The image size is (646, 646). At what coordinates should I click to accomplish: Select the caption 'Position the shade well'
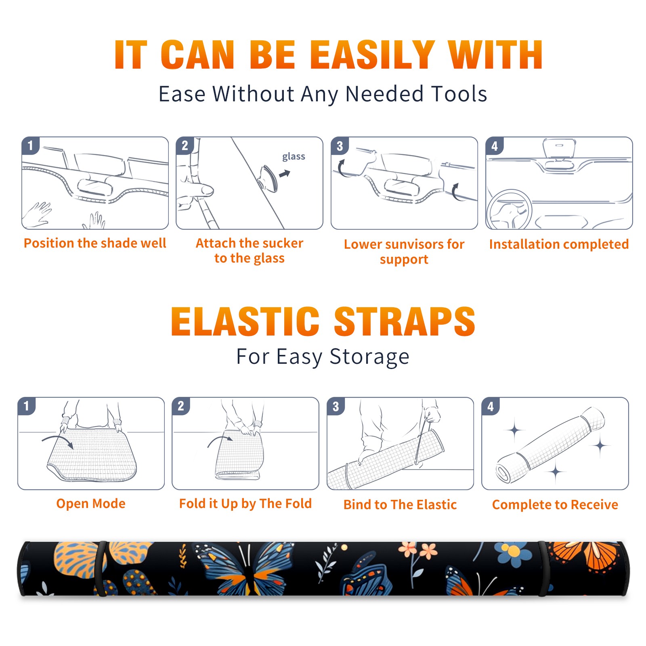click(x=95, y=243)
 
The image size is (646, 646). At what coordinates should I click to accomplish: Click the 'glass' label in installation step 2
click(x=294, y=157)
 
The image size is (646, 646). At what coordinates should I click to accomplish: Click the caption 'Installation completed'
click(x=559, y=244)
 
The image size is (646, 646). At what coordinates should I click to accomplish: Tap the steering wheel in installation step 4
click(x=510, y=210)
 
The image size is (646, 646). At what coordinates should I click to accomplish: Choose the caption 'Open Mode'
click(x=91, y=503)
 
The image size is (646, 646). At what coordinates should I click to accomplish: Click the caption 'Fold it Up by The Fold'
click(x=245, y=504)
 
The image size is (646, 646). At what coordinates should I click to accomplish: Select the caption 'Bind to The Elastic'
click(x=400, y=505)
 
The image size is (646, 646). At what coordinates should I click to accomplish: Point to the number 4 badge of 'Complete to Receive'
click(x=491, y=406)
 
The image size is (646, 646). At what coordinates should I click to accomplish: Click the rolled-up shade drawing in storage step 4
click(x=550, y=445)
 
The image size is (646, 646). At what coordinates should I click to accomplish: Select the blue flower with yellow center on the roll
click(x=514, y=552)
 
